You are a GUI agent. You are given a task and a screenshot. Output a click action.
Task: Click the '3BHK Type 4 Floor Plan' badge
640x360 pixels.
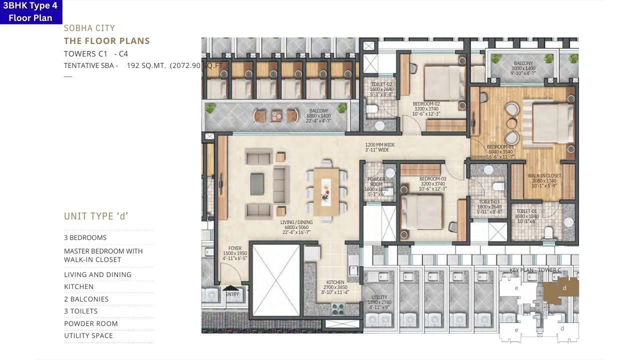click(31, 12)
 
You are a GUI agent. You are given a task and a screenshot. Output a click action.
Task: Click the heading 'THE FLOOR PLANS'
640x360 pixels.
click(107, 41)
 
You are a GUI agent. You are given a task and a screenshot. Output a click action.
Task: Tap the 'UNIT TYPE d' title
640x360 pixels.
click(96, 216)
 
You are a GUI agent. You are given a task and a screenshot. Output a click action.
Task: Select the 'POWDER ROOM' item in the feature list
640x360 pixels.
click(91, 323)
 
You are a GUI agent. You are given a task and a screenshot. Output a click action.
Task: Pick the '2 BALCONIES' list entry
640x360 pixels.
click(86, 299)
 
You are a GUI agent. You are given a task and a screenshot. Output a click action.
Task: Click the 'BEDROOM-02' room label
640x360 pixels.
click(426, 104)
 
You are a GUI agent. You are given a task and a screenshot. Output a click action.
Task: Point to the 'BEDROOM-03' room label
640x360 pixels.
click(432, 178)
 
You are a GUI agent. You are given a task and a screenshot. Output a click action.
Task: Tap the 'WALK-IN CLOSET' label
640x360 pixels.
click(544, 176)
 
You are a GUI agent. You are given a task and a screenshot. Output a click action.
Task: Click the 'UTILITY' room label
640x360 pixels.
click(379, 297)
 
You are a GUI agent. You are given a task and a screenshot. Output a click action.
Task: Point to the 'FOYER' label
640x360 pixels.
click(235, 248)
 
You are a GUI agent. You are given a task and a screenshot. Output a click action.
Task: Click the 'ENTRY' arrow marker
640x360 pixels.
click(231, 288)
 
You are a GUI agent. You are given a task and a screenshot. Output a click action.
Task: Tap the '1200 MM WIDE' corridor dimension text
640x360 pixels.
click(379, 145)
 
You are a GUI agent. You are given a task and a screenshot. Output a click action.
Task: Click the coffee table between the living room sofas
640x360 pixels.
click(257, 180)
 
